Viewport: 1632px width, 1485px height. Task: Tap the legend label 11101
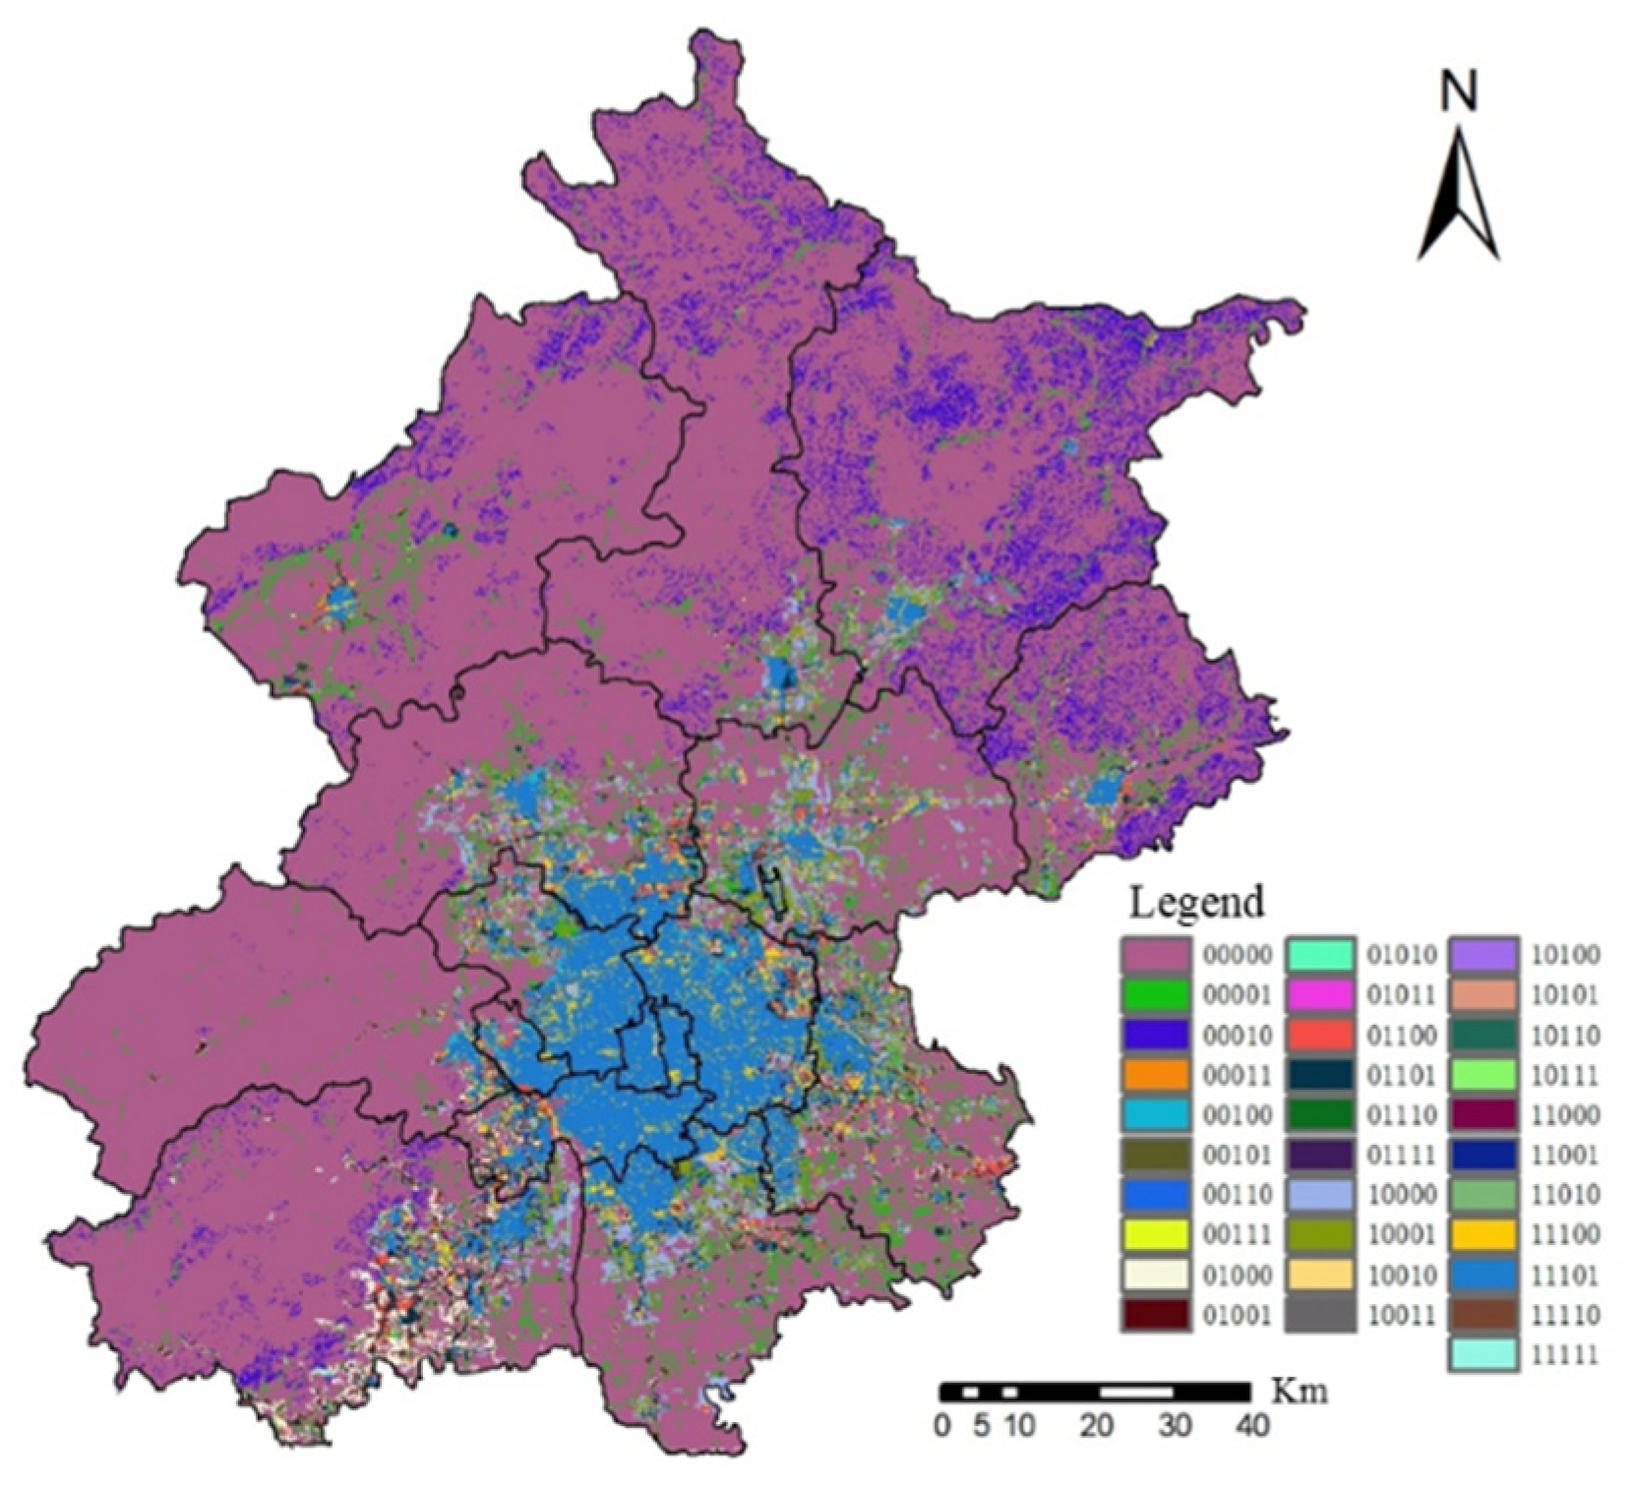pos(1563,1276)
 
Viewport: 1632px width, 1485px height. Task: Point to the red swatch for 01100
pos(1320,1035)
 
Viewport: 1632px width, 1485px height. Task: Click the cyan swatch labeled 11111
pos(1483,1355)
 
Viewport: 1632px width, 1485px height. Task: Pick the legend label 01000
pos(1237,1276)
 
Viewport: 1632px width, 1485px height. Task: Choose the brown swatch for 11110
pos(1483,1315)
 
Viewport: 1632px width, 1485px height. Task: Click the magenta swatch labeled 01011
pos(1320,994)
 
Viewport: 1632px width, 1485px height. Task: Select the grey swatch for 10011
pos(1320,1315)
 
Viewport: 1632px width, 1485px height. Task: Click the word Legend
pos(1195,902)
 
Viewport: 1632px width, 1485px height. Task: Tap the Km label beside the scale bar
pos(1299,1392)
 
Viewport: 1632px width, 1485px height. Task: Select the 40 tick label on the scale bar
pos(1250,1425)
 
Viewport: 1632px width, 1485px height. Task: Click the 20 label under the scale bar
pos(1097,1425)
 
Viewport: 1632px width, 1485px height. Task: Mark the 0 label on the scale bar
pos(942,1425)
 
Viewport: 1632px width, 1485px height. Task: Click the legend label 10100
pos(1563,954)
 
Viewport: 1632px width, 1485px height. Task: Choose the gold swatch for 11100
pos(1483,1235)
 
